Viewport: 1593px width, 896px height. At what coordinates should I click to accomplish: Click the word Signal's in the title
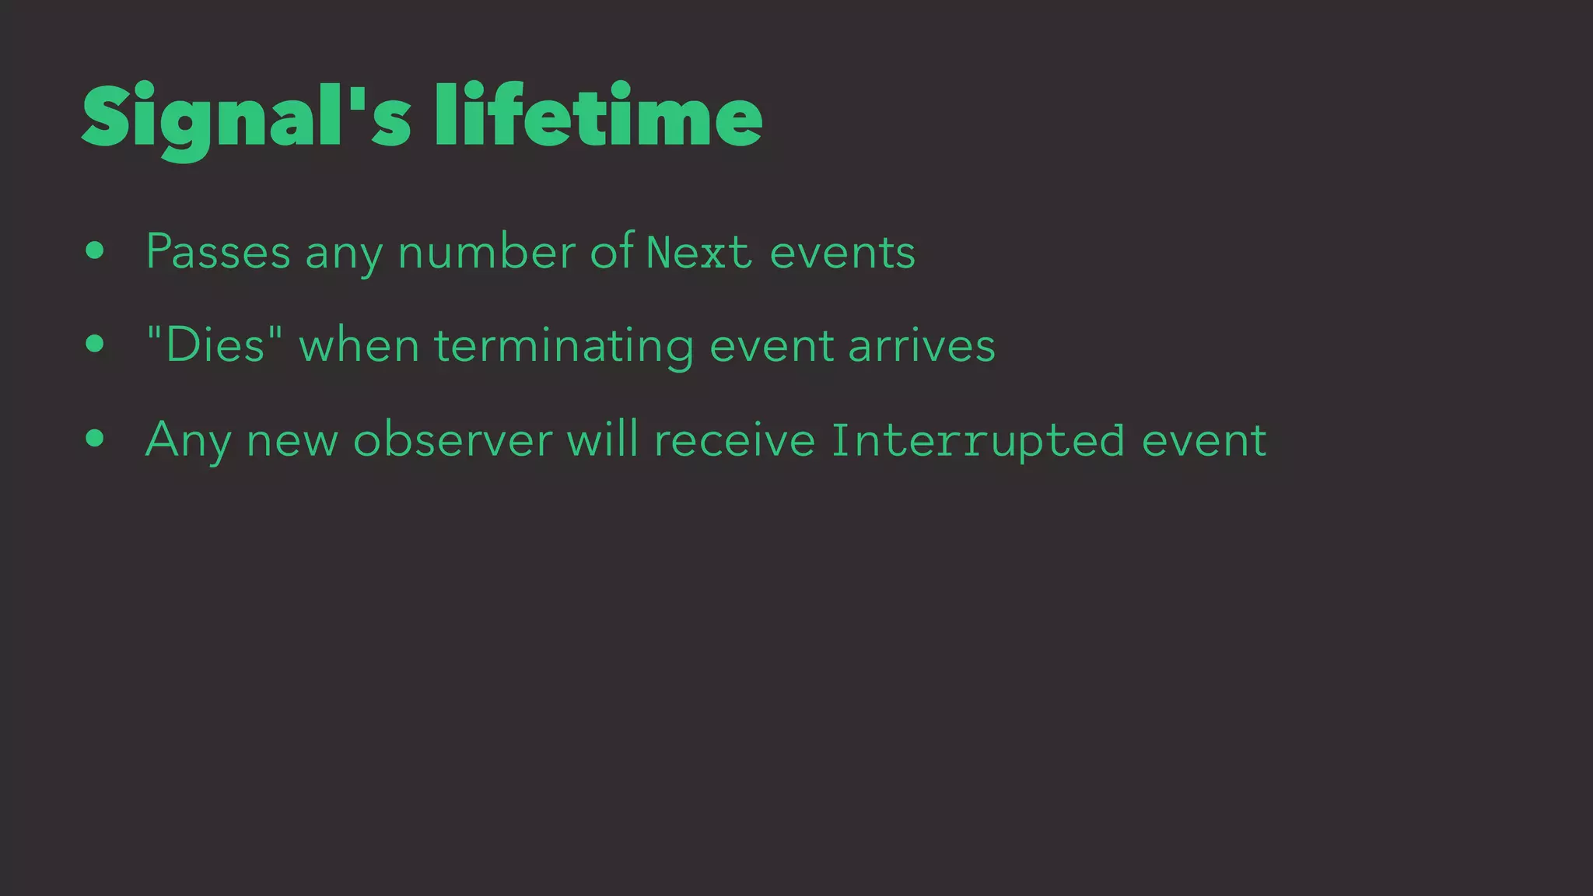pyautogui.click(x=246, y=118)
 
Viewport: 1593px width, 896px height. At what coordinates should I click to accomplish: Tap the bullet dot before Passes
pyautogui.click(x=95, y=250)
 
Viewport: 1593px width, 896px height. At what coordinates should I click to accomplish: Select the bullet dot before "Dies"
pyautogui.click(x=95, y=344)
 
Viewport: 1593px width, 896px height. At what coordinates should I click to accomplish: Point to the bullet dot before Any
pyautogui.click(x=95, y=438)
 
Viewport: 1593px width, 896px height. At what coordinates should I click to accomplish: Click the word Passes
pyautogui.click(x=218, y=252)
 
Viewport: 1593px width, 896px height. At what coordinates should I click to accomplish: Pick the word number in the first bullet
pyautogui.click(x=486, y=252)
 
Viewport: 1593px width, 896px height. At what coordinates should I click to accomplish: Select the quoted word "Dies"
pyautogui.click(x=215, y=345)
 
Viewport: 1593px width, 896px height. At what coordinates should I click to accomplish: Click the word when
pyautogui.click(x=359, y=345)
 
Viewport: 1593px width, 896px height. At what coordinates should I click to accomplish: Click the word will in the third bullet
pyautogui.click(x=602, y=439)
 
